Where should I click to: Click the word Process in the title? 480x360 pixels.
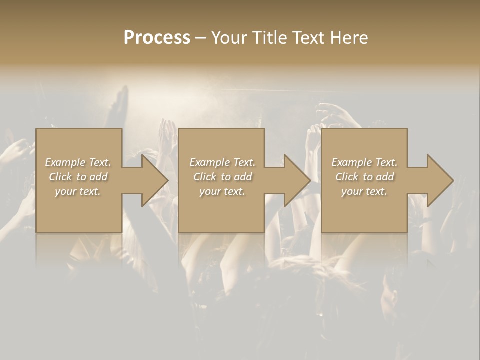157,38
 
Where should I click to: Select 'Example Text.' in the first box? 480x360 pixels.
78,162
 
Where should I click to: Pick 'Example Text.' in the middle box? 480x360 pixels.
222,162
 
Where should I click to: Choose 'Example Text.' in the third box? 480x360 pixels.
364,162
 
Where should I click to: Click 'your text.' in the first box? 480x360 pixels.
78,191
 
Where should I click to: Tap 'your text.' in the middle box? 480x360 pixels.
222,191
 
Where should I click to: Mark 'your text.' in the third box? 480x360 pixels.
364,191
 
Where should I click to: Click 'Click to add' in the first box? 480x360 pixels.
78,177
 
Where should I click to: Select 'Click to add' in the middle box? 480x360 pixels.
222,177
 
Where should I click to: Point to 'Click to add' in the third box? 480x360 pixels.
364,177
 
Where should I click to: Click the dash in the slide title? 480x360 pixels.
200,38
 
